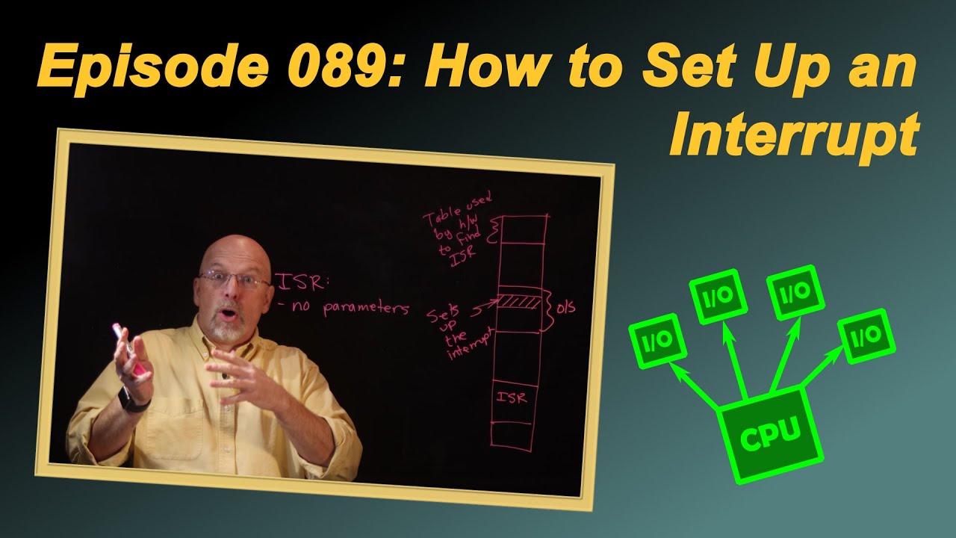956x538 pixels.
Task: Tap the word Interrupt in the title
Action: [793, 133]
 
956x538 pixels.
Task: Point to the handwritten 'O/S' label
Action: [565, 306]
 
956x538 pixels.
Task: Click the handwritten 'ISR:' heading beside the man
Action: [302, 282]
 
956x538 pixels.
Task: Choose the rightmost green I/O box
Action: [866, 336]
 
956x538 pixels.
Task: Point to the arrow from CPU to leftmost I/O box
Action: [695, 386]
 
